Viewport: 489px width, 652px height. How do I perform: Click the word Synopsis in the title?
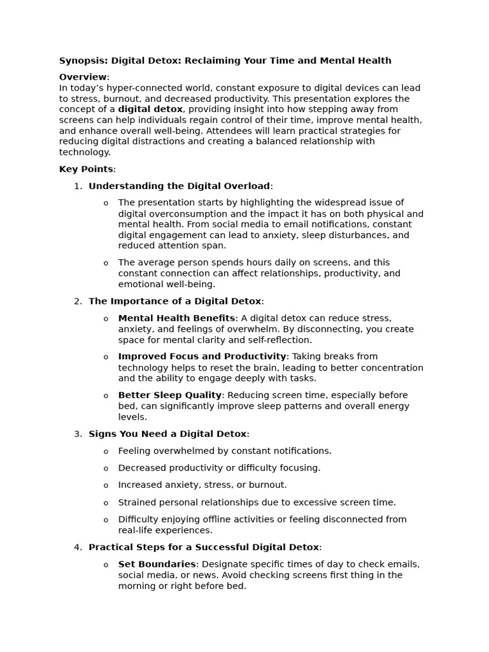point(83,60)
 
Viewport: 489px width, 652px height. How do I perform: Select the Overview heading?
point(83,77)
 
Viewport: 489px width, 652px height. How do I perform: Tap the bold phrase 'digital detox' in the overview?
point(150,110)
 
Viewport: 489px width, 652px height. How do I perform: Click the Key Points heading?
point(86,169)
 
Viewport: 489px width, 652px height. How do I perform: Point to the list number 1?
point(78,186)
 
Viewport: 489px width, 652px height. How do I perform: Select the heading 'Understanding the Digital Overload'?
point(179,186)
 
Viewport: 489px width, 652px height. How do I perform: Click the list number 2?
point(78,301)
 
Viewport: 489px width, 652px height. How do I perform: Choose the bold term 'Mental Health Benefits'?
point(176,318)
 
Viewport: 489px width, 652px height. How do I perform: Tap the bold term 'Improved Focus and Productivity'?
point(202,357)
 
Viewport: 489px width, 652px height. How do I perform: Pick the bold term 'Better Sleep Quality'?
point(169,395)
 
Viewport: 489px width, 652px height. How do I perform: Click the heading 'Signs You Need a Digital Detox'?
point(167,434)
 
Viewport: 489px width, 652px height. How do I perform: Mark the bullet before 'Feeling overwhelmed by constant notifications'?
point(106,451)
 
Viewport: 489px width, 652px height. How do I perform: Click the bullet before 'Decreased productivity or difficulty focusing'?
point(106,469)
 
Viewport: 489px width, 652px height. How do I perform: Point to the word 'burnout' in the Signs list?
point(269,485)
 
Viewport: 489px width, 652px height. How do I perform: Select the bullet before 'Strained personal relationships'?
point(106,503)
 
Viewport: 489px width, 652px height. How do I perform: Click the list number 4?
point(78,547)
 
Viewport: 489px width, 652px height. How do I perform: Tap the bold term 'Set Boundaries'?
point(157,564)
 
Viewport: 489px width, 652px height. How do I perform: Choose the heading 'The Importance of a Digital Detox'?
point(174,301)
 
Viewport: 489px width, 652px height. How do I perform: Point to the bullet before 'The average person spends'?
point(106,263)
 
